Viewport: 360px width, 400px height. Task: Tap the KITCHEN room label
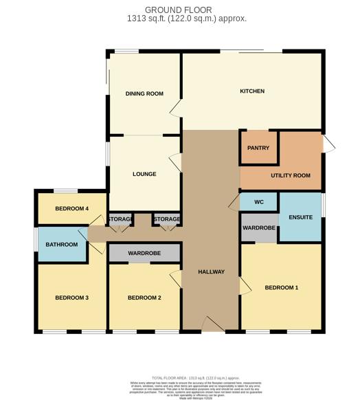pyautogui.click(x=252, y=91)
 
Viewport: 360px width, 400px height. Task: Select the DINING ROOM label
pyautogui.click(x=144, y=93)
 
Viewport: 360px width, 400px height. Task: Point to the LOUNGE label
pyautogui.click(x=144, y=174)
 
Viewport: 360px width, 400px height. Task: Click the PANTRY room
pyautogui.click(x=258, y=148)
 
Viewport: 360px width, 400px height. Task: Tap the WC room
pyautogui.click(x=258, y=202)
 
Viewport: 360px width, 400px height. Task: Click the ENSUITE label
pyautogui.click(x=301, y=217)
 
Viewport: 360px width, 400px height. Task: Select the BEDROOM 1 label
pyautogui.click(x=282, y=287)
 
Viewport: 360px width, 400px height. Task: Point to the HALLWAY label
pyautogui.click(x=212, y=272)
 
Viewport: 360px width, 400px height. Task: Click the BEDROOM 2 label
pyautogui.click(x=144, y=298)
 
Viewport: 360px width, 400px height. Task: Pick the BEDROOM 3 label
pyautogui.click(x=72, y=298)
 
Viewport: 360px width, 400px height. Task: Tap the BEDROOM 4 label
pyautogui.click(x=72, y=208)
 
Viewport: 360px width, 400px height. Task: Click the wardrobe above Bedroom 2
pyautogui.click(x=144, y=254)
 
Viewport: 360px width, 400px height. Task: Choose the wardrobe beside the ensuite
pyautogui.click(x=259, y=228)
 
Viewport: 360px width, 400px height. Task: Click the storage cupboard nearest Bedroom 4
pyautogui.click(x=120, y=219)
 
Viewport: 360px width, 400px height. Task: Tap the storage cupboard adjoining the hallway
pyautogui.click(x=167, y=219)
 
